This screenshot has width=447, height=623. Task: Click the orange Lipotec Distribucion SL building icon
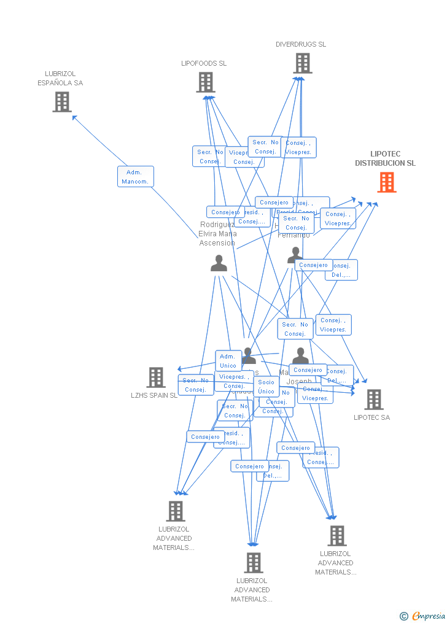(387, 182)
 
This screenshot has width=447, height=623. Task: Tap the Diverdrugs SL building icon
(302, 63)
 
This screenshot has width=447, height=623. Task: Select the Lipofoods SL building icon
(206, 82)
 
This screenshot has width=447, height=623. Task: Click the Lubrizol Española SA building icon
(62, 102)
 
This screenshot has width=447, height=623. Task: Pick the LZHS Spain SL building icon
(156, 377)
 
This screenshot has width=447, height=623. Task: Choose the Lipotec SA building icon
(373, 400)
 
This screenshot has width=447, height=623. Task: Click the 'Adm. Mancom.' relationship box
(136, 177)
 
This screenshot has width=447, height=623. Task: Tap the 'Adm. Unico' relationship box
(228, 361)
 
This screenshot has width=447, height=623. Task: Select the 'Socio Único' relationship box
(266, 387)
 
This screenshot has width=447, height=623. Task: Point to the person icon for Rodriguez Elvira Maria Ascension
(219, 263)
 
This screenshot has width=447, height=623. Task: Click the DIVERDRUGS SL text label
(301, 44)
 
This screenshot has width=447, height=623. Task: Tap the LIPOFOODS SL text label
(204, 63)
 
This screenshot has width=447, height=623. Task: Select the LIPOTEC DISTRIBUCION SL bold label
(385, 159)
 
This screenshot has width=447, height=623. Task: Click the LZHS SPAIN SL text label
(154, 395)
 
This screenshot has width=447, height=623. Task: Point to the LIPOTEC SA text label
(371, 417)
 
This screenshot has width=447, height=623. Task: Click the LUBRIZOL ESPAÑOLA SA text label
(60, 79)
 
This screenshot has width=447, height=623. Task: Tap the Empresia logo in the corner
(423, 616)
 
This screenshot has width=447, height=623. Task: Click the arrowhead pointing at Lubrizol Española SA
(74, 117)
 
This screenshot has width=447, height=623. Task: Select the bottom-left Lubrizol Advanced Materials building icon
(176, 511)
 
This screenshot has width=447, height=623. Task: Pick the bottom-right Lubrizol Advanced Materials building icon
(336, 536)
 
